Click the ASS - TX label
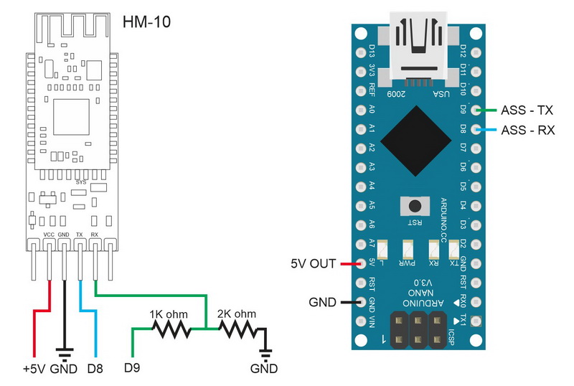(x=527, y=110)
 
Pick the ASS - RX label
(x=527, y=130)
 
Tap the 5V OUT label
(x=314, y=263)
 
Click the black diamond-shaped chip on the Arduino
(x=417, y=138)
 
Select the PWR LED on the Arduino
(x=410, y=250)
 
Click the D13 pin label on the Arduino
(x=372, y=52)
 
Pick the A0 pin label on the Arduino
(x=372, y=110)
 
